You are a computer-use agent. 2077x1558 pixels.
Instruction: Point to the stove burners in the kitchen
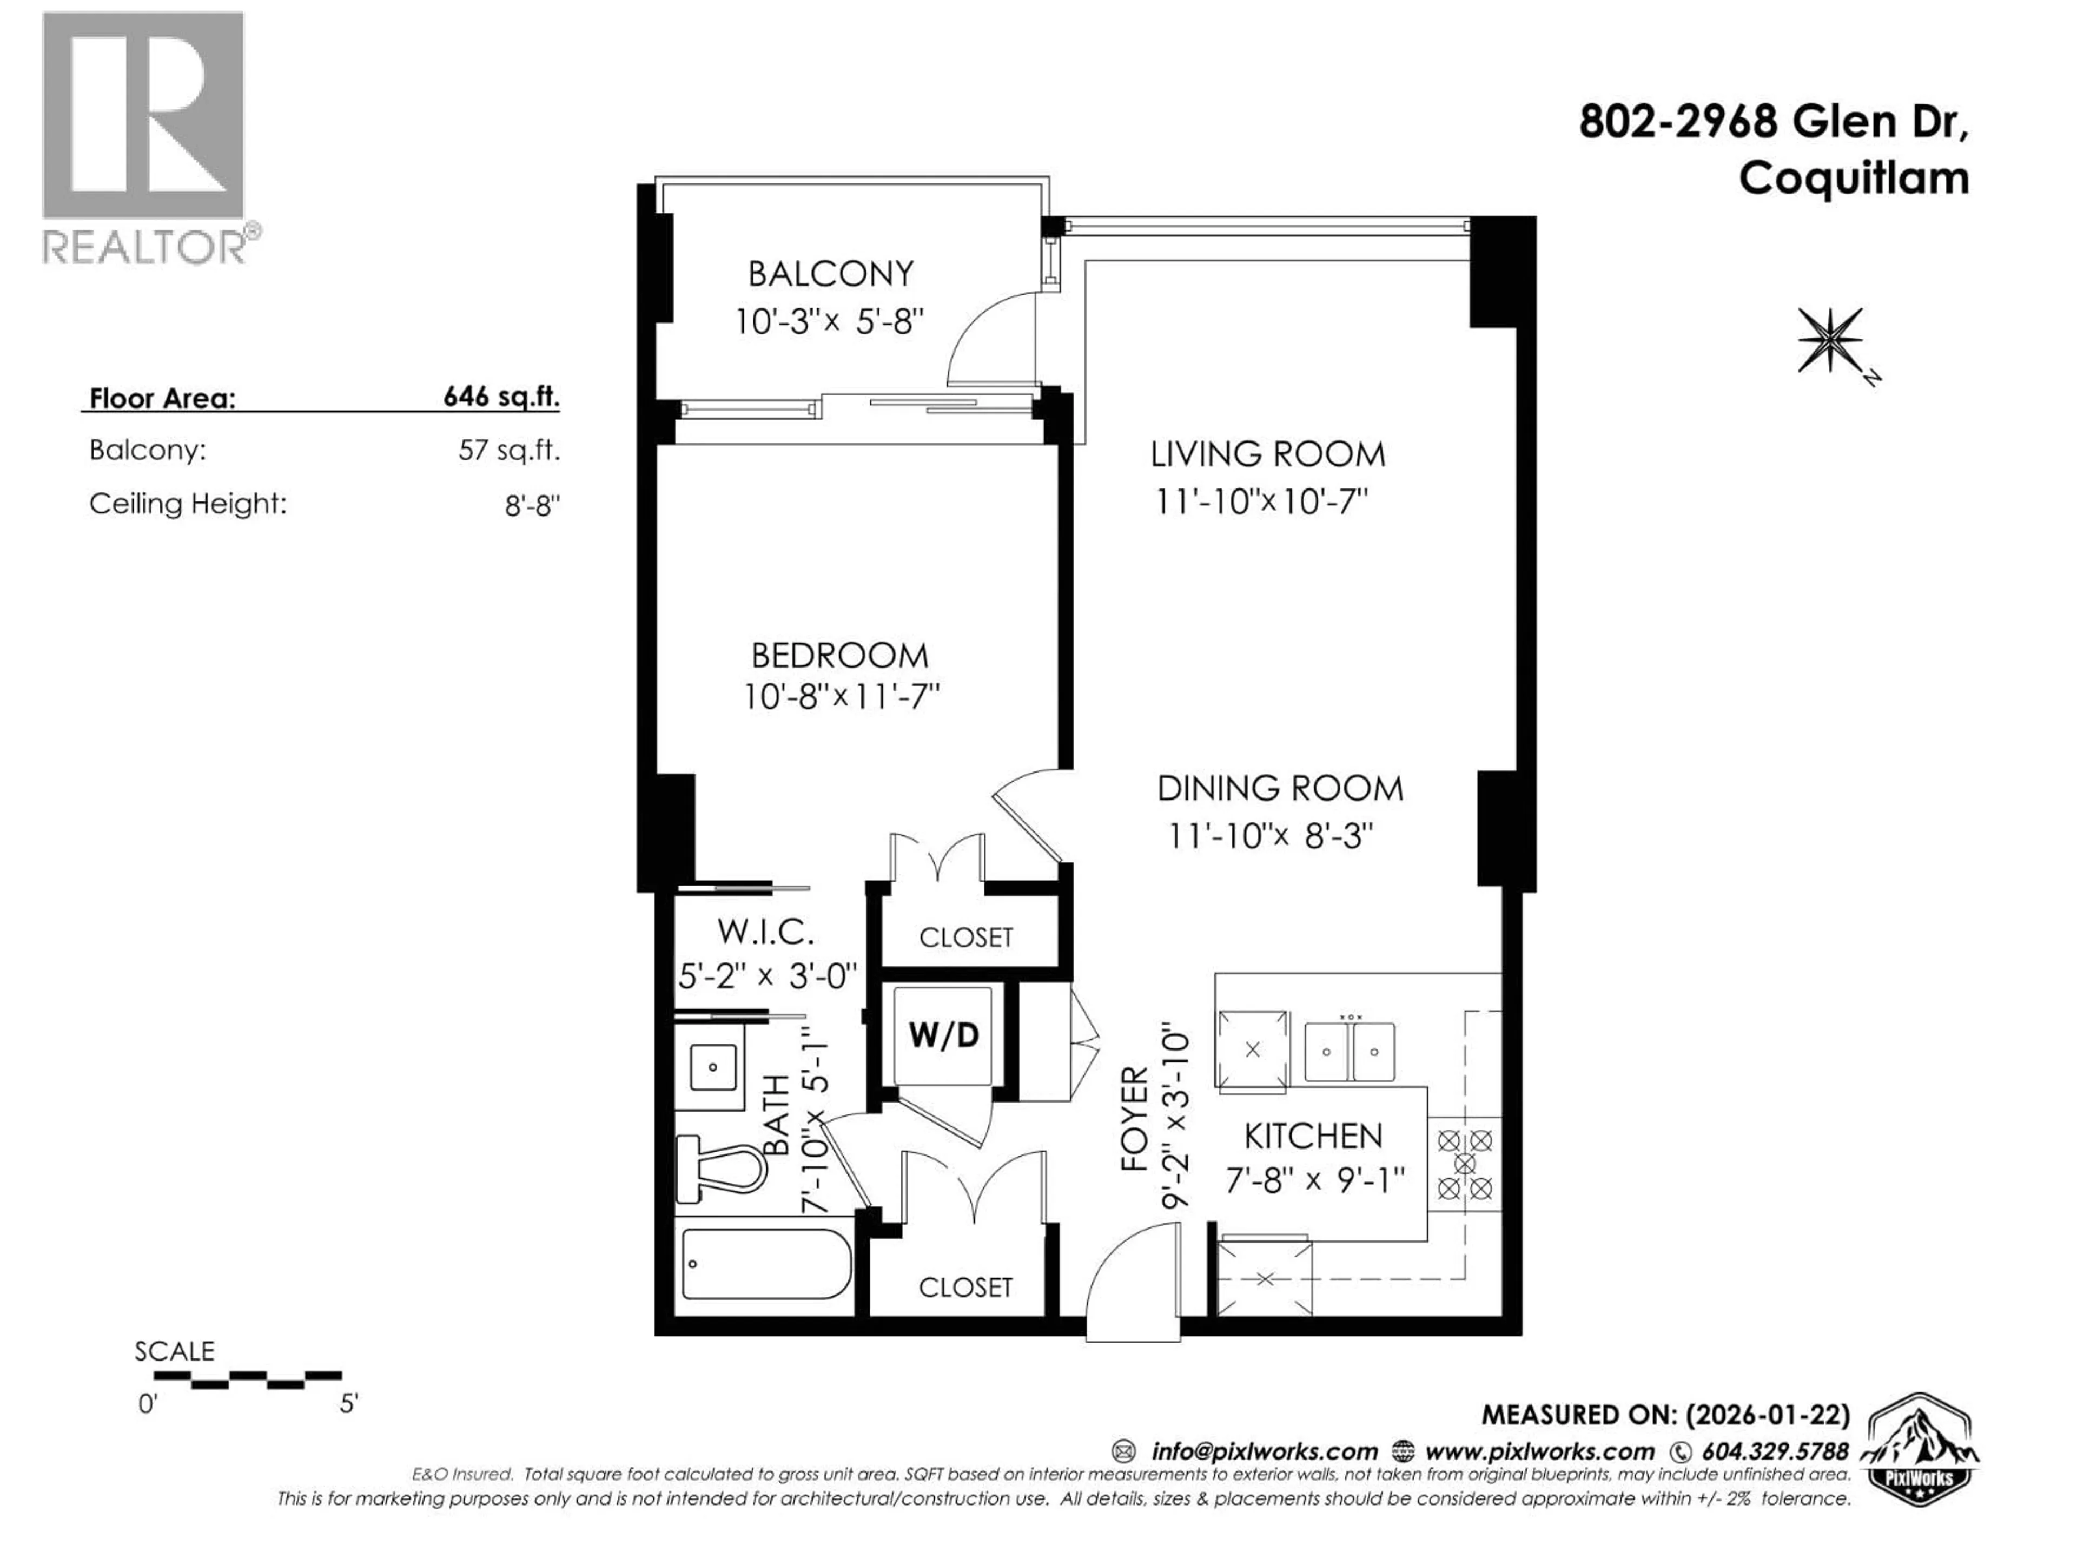coord(1465,1165)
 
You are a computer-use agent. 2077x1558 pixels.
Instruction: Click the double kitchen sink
coord(1350,1052)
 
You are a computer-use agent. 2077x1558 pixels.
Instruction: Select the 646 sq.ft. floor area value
coord(500,397)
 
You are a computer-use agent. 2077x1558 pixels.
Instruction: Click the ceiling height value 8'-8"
coord(532,506)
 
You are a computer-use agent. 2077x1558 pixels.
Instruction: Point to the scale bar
coord(247,1378)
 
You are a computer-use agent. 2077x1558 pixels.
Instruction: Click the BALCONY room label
coord(830,274)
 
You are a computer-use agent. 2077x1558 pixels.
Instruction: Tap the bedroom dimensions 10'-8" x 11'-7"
coord(841,697)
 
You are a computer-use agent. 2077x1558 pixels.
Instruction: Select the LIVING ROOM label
coord(1268,454)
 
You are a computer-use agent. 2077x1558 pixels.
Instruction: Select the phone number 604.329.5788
coord(1775,1451)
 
